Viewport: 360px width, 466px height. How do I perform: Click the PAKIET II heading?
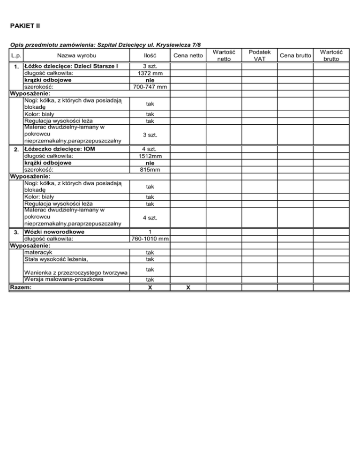tap(25, 24)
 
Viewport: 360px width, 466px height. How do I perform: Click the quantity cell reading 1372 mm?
tap(150, 73)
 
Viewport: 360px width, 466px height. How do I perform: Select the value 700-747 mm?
tap(150, 87)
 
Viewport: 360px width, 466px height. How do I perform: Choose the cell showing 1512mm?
tap(150, 156)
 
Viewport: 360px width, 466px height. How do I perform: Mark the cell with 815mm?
tap(150, 170)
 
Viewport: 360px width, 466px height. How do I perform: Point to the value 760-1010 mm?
tap(150, 239)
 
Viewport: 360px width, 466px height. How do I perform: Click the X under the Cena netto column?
tap(187, 287)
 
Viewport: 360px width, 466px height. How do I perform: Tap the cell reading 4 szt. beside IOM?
tap(150, 149)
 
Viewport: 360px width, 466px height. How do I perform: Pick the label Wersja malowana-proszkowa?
tap(66, 280)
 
